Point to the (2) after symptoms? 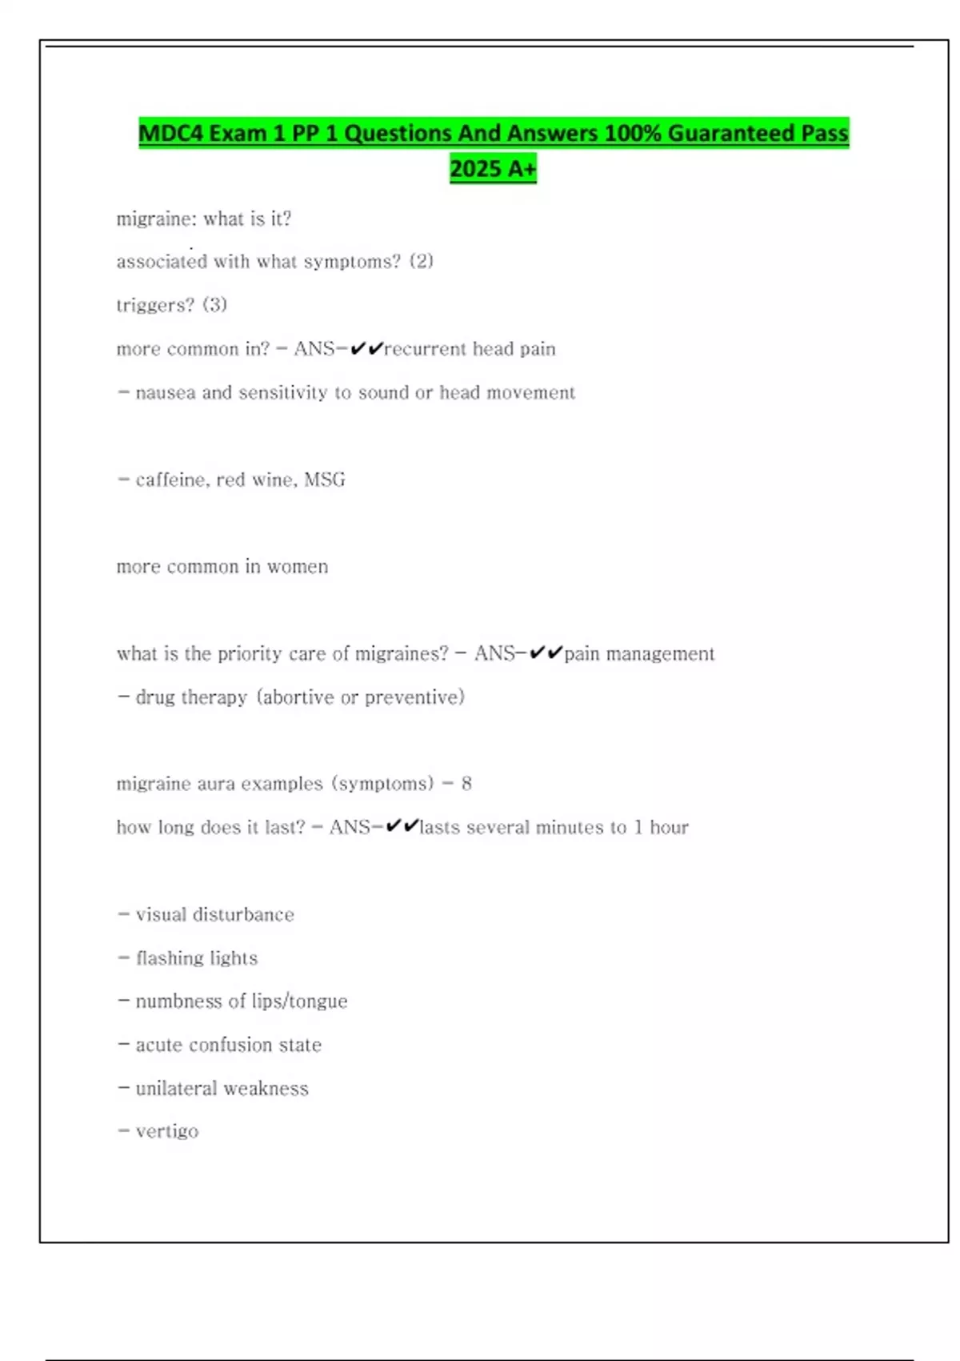click(422, 262)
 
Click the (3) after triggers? click(214, 305)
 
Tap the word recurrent click(425, 349)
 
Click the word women click(298, 567)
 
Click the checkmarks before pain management click(546, 653)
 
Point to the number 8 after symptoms click(466, 784)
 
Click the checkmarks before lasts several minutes click(402, 827)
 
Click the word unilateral click(176, 1089)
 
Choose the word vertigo click(166, 1132)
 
